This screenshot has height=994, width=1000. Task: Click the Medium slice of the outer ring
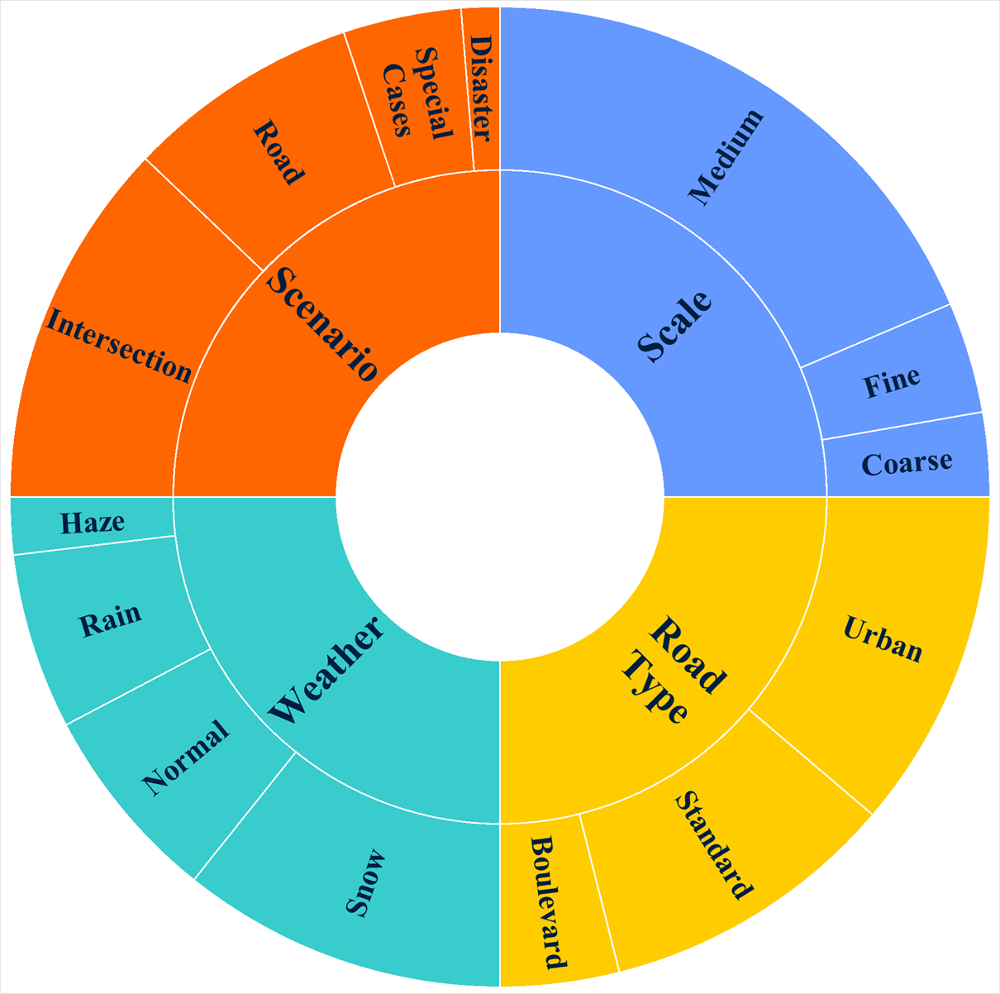coord(726,157)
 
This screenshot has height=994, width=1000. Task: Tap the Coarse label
coord(907,462)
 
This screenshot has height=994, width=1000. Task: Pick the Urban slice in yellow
coord(883,639)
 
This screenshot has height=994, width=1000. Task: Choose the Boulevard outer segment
coord(548,902)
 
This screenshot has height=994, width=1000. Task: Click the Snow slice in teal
coord(365,882)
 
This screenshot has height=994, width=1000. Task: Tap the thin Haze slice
coord(93,523)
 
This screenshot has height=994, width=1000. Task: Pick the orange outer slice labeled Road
coord(278,153)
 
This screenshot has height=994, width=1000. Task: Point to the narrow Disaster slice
coord(480,88)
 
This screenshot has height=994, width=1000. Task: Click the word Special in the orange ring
coord(434,93)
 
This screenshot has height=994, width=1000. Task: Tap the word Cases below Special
coord(397,100)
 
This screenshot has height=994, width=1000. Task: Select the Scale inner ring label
coord(675,327)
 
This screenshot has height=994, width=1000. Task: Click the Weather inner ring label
coord(328,671)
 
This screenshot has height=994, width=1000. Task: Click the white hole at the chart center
coord(500,497)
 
